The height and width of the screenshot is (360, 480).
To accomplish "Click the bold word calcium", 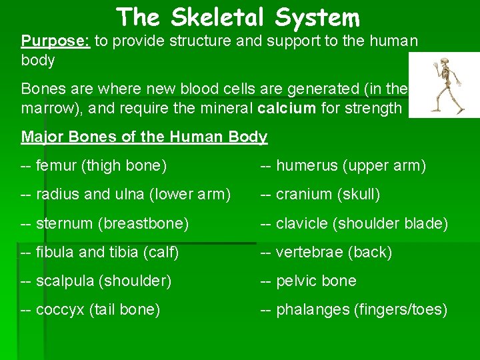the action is [285, 108].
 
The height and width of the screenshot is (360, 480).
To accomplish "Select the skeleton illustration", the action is [444, 85].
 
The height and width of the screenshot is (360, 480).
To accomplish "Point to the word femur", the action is [57, 165].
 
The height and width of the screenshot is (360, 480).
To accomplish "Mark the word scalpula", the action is [65, 281].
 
